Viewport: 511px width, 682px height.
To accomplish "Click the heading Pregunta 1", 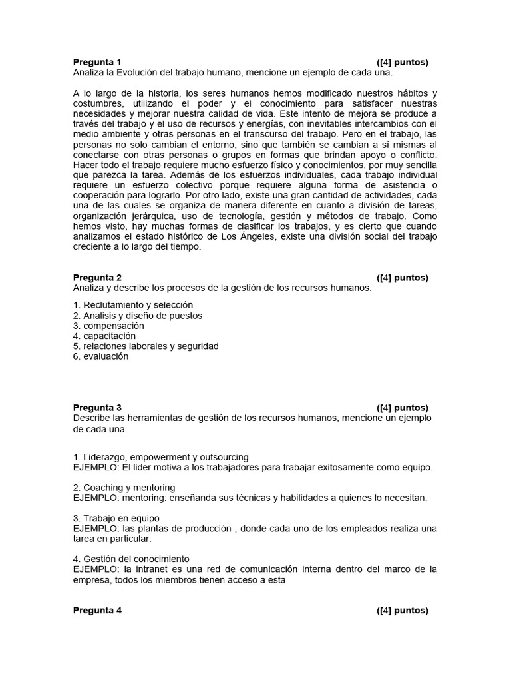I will pyautogui.click(x=97, y=62).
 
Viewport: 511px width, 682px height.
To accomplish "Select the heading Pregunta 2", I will pyautogui.click(x=97, y=278).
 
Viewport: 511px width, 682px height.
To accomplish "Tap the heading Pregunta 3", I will pyautogui.click(x=97, y=408).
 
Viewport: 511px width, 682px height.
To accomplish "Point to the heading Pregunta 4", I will pyautogui.click(x=97, y=611).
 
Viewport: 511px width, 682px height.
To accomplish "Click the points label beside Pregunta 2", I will pyautogui.click(x=402, y=278).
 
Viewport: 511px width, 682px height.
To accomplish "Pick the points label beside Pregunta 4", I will pyautogui.click(x=402, y=611).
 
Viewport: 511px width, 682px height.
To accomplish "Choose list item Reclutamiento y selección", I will pyautogui.click(x=133, y=305).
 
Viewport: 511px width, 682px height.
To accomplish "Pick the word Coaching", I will pyautogui.click(x=103, y=488).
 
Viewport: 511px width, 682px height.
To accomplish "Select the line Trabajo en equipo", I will pyautogui.click(x=116, y=518).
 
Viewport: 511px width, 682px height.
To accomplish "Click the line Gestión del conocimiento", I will pyautogui.click(x=131, y=559).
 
